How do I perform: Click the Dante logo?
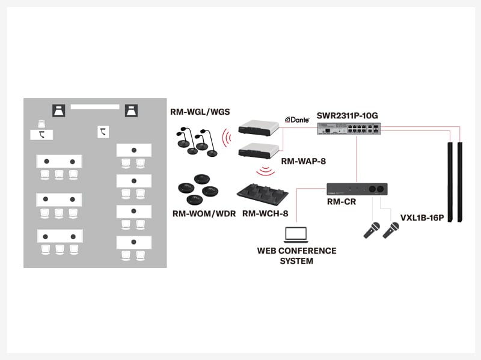pyautogui.click(x=297, y=120)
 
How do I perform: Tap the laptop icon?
pyautogui.click(x=295, y=234)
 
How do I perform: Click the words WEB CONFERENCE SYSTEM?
pyautogui.click(x=296, y=255)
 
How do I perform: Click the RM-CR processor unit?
pyautogui.click(x=357, y=189)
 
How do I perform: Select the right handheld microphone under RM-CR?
pyautogui.click(x=391, y=230)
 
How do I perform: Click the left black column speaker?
pyautogui.click(x=452, y=180)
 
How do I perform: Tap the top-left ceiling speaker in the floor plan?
pyautogui.click(x=60, y=111)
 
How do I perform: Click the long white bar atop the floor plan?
pyautogui.click(x=95, y=106)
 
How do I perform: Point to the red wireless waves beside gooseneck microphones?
pyautogui.click(x=226, y=138)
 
